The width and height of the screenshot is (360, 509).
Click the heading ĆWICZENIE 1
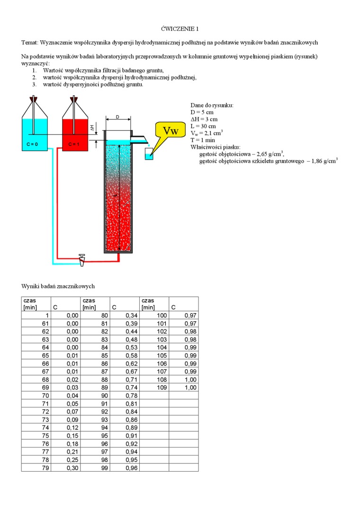coord(180,28)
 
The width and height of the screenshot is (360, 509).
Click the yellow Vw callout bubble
coord(170,131)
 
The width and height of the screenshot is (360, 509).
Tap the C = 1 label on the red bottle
coord(73,144)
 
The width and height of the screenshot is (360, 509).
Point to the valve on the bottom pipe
coord(82,259)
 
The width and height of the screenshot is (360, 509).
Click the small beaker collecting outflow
coord(149,153)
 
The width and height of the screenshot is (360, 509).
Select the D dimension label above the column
coord(117,117)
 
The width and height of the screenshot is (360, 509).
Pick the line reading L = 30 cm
coord(203,127)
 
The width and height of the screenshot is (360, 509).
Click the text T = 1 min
coord(203,140)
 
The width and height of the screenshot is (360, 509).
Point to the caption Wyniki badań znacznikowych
coord(58,286)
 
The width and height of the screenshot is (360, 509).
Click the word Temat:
coord(30,43)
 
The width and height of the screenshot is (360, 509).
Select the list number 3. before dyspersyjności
coord(34,84)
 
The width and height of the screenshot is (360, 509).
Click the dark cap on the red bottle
coord(73,100)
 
